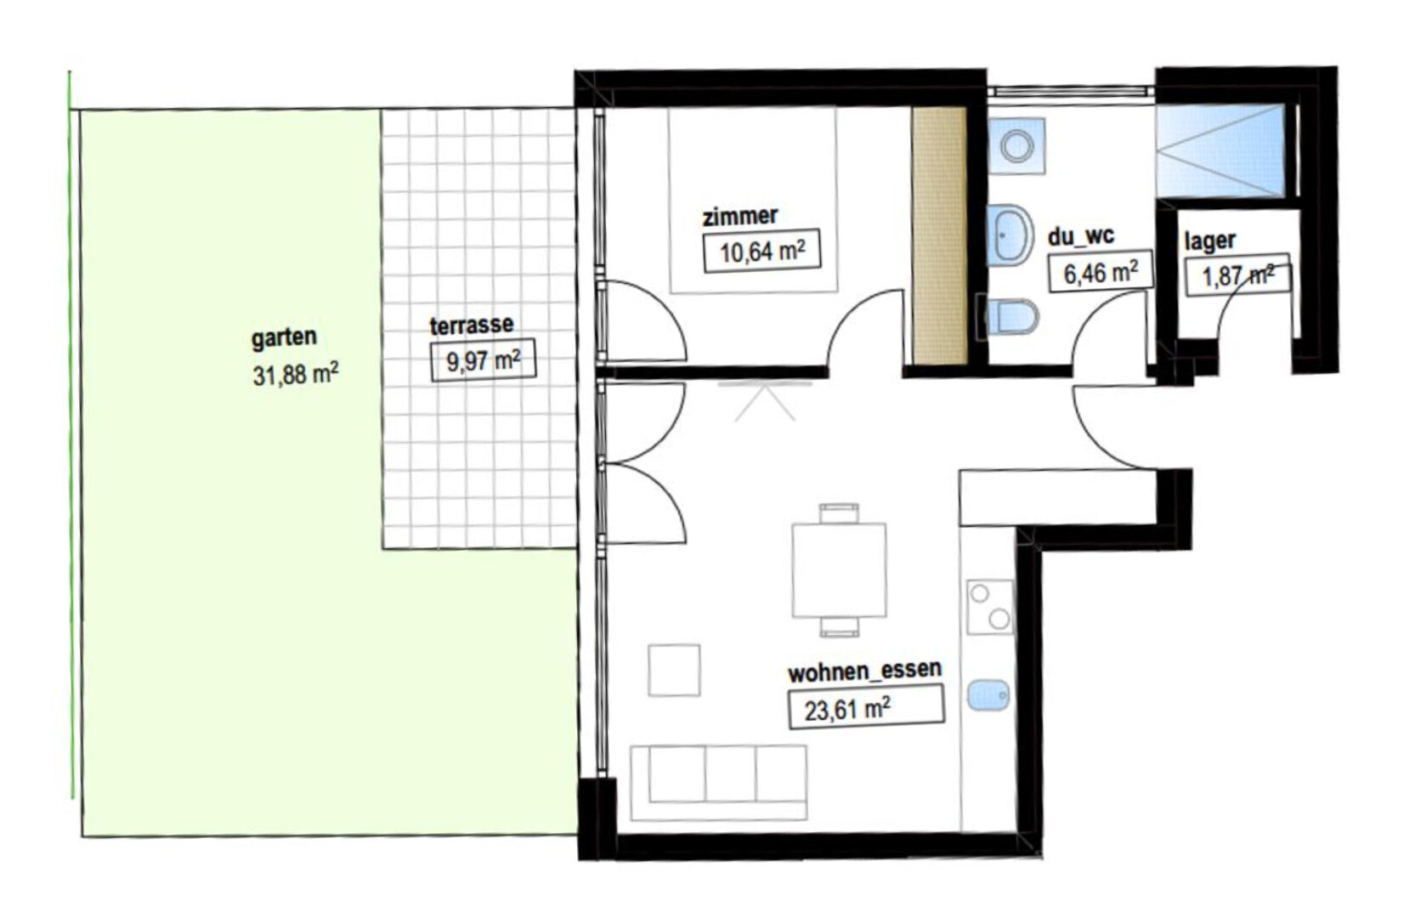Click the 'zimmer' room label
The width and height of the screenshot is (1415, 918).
pyautogui.click(x=739, y=216)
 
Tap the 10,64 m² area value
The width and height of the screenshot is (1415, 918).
pyautogui.click(x=762, y=251)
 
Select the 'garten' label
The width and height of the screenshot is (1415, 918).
pyautogui.click(x=284, y=337)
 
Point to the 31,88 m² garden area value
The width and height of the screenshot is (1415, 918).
pyautogui.click(x=295, y=374)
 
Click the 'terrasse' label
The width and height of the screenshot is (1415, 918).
pyautogui.click(x=472, y=326)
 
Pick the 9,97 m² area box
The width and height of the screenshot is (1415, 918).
pyautogui.click(x=484, y=360)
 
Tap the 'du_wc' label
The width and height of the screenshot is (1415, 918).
pyautogui.click(x=1081, y=236)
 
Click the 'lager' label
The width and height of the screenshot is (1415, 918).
pyautogui.click(x=1209, y=241)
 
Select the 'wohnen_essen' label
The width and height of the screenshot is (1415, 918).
pyautogui.click(x=865, y=671)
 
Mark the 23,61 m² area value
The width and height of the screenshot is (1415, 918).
pyautogui.click(x=866, y=708)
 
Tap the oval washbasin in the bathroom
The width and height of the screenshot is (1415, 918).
pyautogui.click(x=1009, y=235)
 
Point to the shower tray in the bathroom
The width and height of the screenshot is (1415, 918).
pyautogui.click(x=1220, y=150)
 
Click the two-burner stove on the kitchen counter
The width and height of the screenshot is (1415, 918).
pyautogui.click(x=989, y=607)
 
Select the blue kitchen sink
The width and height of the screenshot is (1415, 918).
pyautogui.click(x=988, y=695)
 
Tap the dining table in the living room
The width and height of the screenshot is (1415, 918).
pyautogui.click(x=839, y=569)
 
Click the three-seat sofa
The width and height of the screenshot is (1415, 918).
pyautogui.click(x=718, y=782)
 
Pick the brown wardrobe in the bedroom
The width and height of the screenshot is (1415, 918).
pyautogui.click(x=939, y=235)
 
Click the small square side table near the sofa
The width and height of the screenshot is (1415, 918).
pyautogui.click(x=674, y=670)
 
